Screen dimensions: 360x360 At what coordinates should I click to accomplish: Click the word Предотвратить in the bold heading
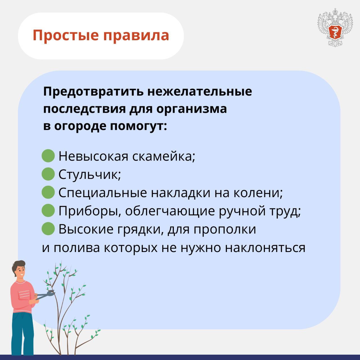93,92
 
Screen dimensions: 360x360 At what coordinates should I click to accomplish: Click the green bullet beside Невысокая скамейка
48,156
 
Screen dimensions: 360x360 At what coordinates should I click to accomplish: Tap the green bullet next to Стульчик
48,174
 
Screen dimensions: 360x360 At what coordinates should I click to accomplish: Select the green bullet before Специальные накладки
48,192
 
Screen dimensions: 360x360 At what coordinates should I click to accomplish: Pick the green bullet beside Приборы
48,210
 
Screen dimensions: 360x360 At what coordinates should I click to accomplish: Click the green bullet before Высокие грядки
48,228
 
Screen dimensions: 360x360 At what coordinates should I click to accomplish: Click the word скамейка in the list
164,156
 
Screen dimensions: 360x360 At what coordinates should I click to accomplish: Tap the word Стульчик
90,174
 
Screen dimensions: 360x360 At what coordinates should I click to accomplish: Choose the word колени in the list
258,193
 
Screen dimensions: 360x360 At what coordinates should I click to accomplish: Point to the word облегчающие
170,211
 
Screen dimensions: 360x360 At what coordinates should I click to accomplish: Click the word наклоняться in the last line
265,248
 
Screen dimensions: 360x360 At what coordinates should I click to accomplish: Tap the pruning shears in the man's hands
45,294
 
